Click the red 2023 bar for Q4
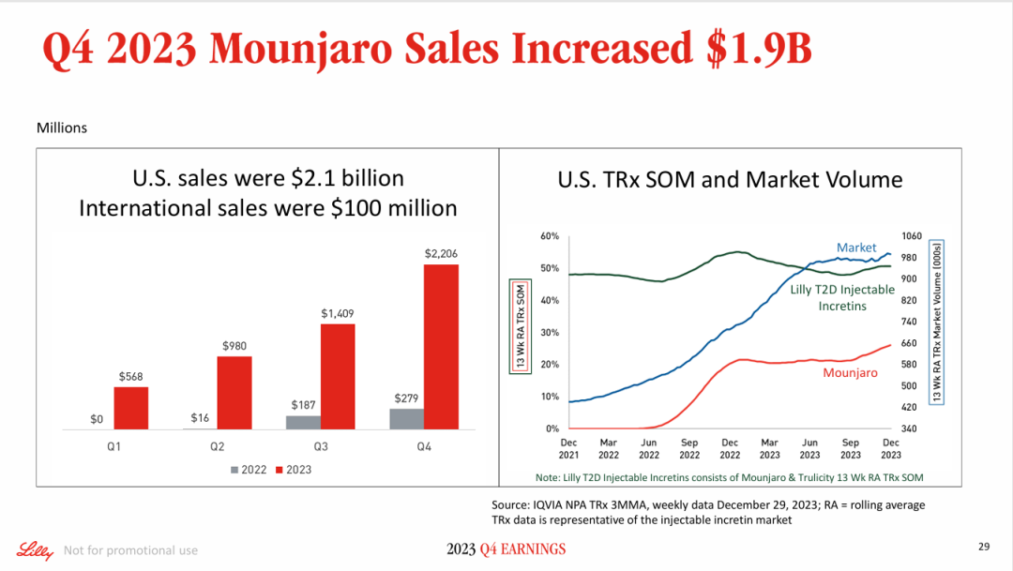click(441, 346)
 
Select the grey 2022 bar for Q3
click(302, 422)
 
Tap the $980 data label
click(234, 346)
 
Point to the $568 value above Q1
click(131, 376)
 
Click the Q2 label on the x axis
click(217, 447)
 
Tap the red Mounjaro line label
click(850, 373)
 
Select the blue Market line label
click(856, 248)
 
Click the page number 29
click(984, 547)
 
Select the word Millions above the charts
click(61, 128)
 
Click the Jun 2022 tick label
click(649, 448)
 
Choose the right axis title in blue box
click(936, 323)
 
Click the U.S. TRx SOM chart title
click(730, 179)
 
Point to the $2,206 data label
click(441, 254)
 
